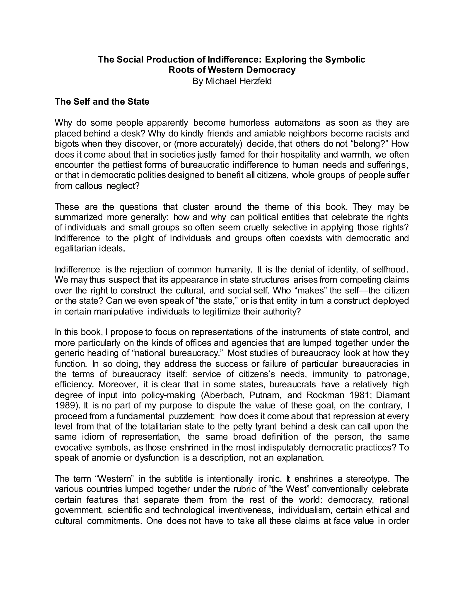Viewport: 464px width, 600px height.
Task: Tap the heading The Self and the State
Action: [102, 102]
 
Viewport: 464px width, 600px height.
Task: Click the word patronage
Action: [388, 374]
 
